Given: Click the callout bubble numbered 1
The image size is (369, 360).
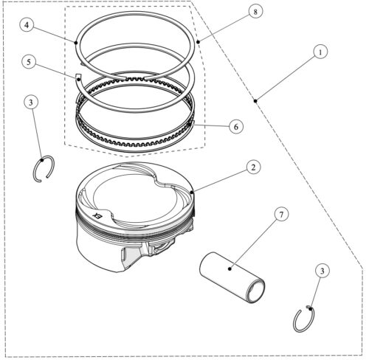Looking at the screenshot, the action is [x=320, y=52].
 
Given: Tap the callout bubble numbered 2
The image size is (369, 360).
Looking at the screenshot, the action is [x=253, y=167].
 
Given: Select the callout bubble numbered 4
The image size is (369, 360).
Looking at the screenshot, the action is [x=27, y=25].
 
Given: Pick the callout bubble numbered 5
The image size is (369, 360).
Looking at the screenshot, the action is [x=29, y=62].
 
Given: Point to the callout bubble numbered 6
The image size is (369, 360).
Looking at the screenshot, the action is [x=236, y=127].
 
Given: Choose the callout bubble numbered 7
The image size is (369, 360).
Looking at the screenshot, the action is [x=281, y=214].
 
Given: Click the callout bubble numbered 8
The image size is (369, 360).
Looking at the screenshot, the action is [x=255, y=12].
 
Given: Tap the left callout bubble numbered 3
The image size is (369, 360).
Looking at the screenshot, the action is [x=31, y=102].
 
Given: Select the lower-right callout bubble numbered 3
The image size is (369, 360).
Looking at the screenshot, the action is [x=322, y=271].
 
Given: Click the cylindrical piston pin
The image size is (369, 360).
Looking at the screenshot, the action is [x=232, y=277].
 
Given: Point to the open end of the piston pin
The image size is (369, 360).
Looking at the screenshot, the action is [x=256, y=291].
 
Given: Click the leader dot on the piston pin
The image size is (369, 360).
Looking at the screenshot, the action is [x=230, y=269].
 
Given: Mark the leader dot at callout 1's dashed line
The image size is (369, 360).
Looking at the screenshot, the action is [x=255, y=100].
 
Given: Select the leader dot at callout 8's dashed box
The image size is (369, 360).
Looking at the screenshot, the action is [x=198, y=42].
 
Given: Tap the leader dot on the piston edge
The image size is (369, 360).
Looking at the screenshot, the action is [x=192, y=192].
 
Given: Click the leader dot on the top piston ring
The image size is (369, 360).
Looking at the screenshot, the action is [x=76, y=43].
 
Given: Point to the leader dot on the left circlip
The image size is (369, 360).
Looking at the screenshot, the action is [x=42, y=160].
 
